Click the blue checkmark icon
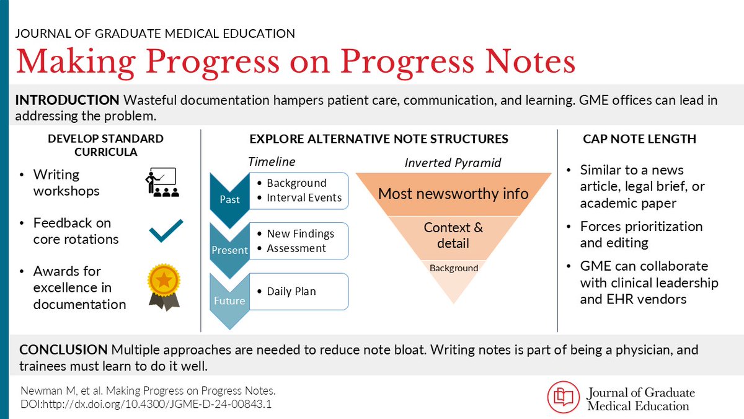tap(166, 230)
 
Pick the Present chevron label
tap(229, 250)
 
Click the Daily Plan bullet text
tap(291, 291)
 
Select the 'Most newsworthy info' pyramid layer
tap(453, 194)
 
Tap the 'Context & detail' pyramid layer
tap(453, 235)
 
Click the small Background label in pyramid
tap(454, 268)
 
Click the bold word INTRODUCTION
tap(67, 100)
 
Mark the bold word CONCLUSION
tap(64, 350)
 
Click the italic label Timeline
tap(272, 161)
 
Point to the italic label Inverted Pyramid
tap(453, 163)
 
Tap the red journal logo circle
tap(563, 397)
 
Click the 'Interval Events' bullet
tap(304, 197)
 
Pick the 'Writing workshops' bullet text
tap(66, 182)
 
